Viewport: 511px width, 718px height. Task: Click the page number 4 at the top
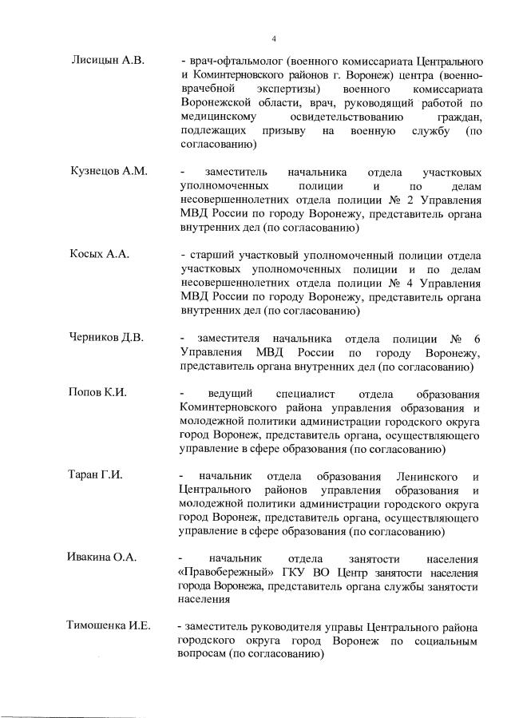[x=274, y=38]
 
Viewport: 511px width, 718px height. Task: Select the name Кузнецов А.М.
[x=108, y=172]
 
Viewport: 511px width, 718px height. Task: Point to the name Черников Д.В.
[x=106, y=337]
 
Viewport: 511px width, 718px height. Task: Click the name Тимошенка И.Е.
[x=109, y=625]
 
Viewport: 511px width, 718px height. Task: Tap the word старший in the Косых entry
[x=210, y=255]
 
